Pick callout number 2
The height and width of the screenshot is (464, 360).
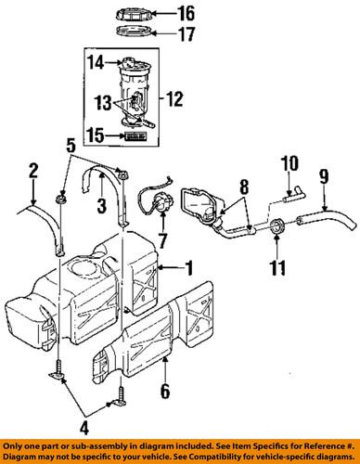33,170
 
